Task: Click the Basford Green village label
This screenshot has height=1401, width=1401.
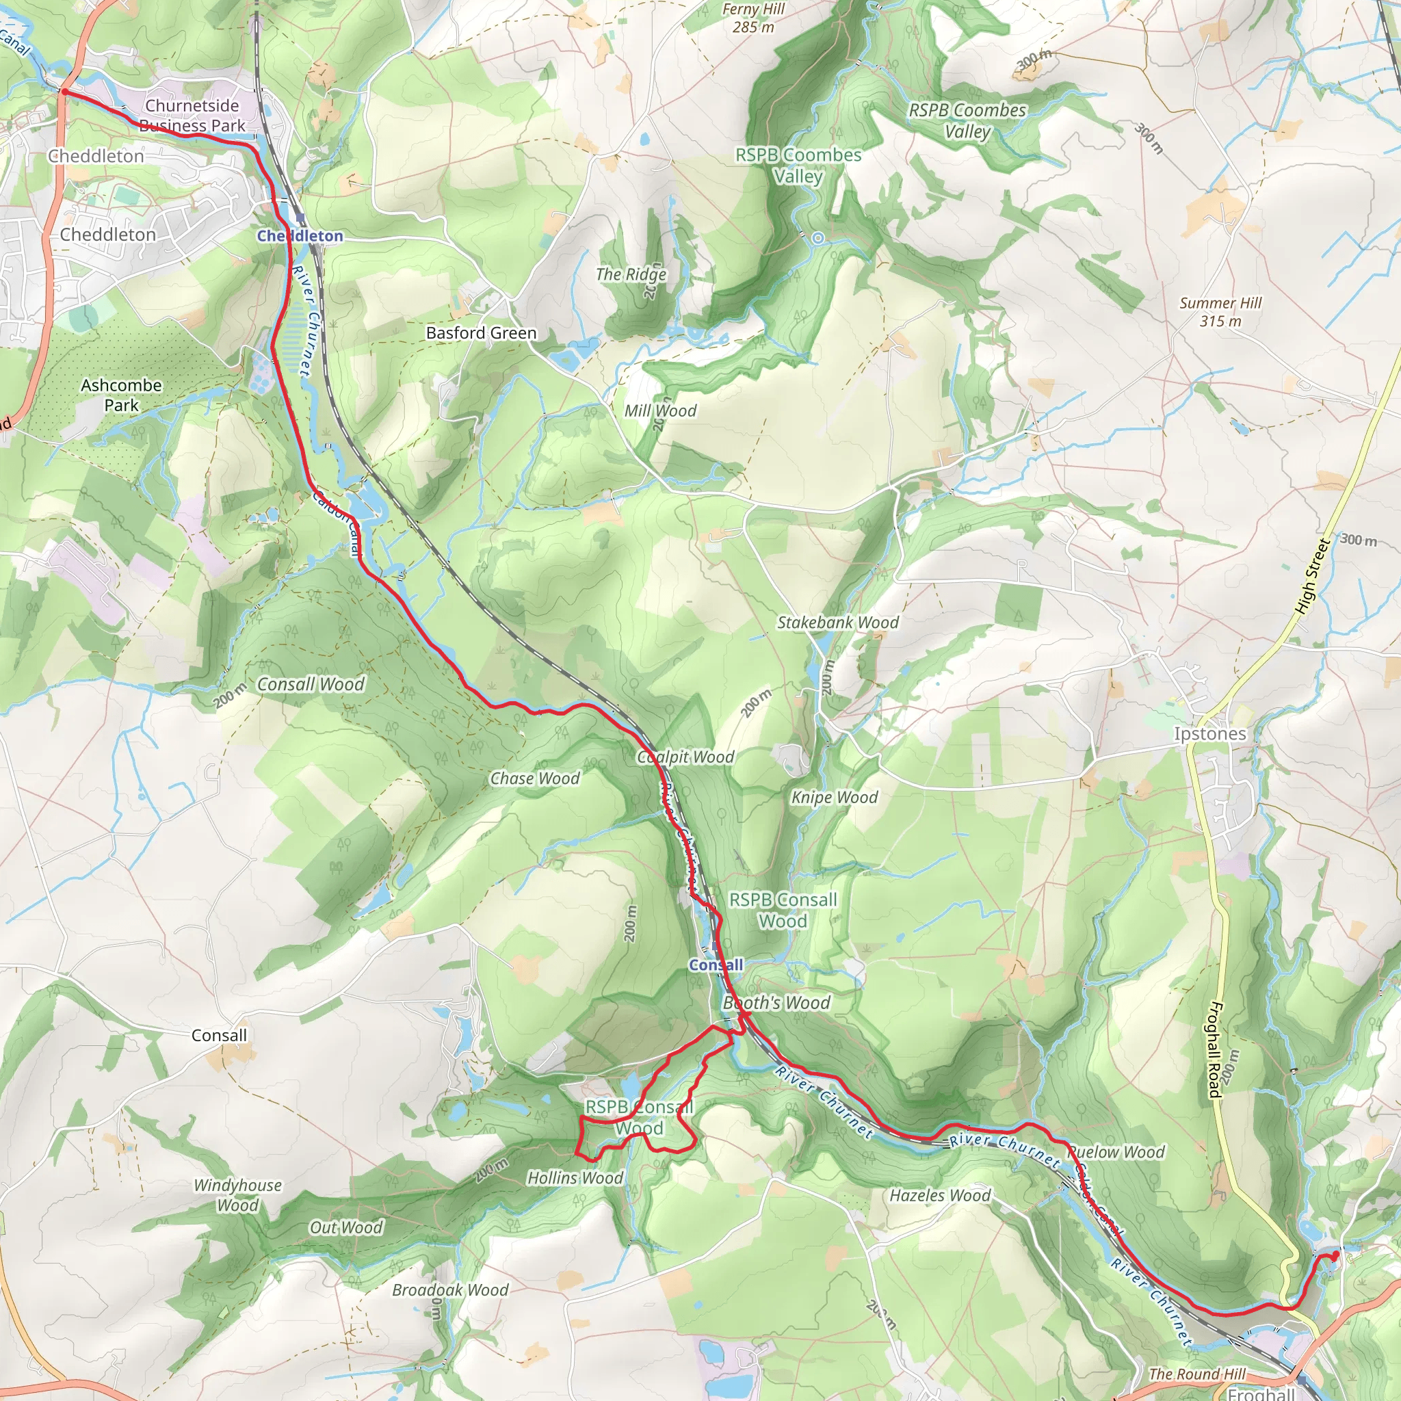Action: pos(481,333)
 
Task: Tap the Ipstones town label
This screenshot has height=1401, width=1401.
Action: pos(1209,734)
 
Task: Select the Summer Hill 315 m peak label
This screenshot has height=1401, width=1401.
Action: pos(1220,312)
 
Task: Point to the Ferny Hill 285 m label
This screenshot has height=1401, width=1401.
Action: pos(753,18)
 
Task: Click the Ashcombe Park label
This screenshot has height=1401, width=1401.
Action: pos(121,395)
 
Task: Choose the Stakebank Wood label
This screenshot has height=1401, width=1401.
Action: pos(837,623)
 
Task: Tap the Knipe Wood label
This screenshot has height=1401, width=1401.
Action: pos(834,798)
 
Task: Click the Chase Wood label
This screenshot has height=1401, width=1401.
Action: pos(534,778)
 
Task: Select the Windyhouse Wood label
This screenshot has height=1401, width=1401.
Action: pos(237,1195)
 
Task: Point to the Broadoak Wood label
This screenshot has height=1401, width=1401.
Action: pos(449,1290)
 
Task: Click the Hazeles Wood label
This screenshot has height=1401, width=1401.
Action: pos(940,1195)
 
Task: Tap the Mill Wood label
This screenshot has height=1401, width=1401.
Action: pos(660,410)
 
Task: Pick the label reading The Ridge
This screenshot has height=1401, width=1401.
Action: pos(631,274)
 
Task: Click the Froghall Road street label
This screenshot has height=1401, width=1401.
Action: pos(1215,1049)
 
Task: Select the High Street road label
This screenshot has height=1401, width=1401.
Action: pos(1312,577)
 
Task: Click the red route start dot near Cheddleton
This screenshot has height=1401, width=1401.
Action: pos(64,92)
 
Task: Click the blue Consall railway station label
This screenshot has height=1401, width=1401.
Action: pos(716,965)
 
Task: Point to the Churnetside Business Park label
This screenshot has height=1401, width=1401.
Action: pos(192,116)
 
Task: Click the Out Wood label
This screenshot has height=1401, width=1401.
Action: pos(346,1227)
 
